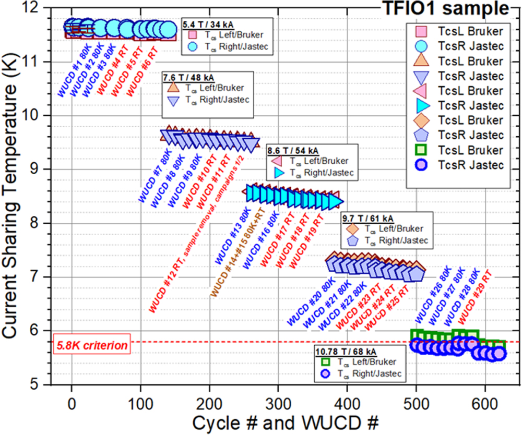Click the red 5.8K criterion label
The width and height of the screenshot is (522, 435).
point(85,345)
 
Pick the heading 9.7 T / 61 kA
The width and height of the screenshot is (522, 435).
point(368,217)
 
